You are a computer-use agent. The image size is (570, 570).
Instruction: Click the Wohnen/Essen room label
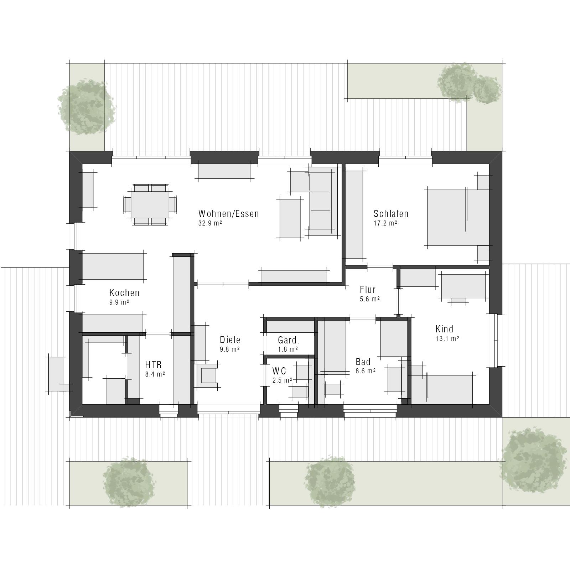pos(228,213)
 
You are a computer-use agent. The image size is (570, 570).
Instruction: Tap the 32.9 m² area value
pos(210,223)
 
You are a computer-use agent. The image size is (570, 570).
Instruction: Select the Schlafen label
pos(391,213)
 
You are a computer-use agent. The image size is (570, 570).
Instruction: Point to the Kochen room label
pos(124,292)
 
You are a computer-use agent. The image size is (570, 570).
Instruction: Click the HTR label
pos(154,364)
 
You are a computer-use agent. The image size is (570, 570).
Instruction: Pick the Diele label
pos(230,340)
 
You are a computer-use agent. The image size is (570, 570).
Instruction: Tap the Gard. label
pos(289,340)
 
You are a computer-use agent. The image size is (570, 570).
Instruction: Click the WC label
pos(279,371)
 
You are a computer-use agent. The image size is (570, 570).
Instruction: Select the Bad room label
pos(363,362)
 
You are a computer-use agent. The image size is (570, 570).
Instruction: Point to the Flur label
pos(368,289)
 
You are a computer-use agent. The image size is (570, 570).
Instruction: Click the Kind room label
pos(444,328)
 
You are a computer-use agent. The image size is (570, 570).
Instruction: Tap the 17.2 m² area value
pos(385,223)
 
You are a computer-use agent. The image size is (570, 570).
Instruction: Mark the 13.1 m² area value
pos(447,338)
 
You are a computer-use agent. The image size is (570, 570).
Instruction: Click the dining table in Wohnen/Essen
pos(150,204)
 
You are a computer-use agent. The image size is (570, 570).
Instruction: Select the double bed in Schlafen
pos(458,217)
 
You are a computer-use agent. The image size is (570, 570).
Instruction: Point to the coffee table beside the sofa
pos(290,218)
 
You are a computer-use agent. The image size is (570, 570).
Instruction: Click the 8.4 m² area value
pos(155,374)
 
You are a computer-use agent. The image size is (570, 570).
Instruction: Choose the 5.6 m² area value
pos(370,299)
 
